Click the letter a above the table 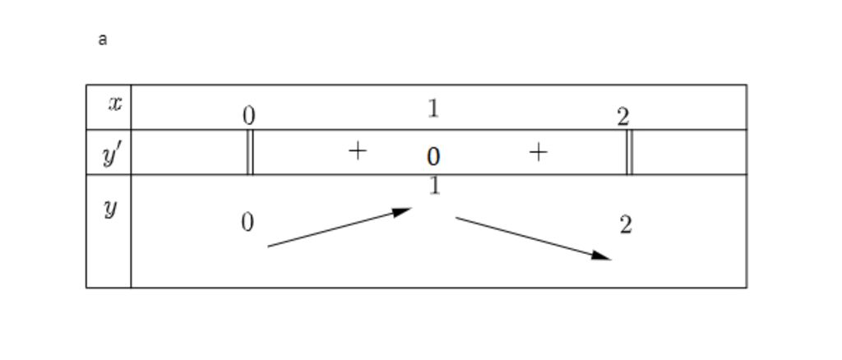[x=102, y=39]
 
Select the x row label [x=114, y=104]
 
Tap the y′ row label [x=113, y=154]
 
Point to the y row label [x=110, y=209]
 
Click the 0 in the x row [x=249, y=116]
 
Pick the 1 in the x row [x=433, y=108]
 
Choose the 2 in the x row [x=622, y=117]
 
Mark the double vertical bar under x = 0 [x=250, y=152]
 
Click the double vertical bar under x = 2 [x=629, y=152]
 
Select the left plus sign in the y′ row [x=357, y=150]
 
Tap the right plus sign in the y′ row [x=537, y=151]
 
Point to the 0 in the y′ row [x=433, y=156]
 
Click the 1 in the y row [x=434, y=187]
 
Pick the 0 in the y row [x=248, y=222]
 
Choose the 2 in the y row [x=626, y=224]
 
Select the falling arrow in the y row [x=533, y=238]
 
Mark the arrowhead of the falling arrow [x=604, y=256]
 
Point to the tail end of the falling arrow [x=457, y=218]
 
